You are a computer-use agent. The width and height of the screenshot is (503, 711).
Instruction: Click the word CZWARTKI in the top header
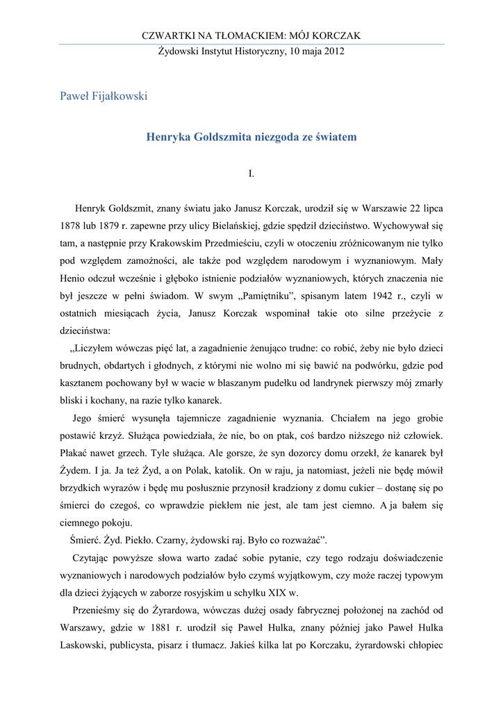coord(165,35)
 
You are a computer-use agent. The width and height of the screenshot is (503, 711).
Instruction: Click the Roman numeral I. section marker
coord(251,173)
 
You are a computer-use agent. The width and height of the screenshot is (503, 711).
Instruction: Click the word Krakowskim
coord(147,244)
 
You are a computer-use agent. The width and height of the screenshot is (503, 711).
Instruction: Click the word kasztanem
coord(82,383)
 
